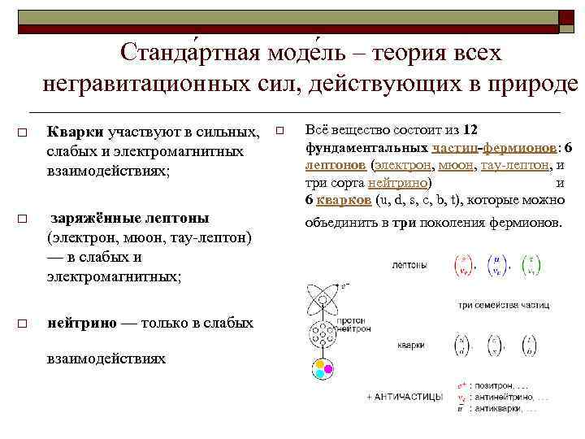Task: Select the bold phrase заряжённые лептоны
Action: click(x=130, y=218)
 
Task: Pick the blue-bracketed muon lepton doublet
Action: click(x=496, y=267)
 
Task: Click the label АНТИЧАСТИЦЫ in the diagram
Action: click(x=414, y=397)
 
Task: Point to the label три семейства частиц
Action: click(x=503, y=306)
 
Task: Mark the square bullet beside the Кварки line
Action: click(x=24, y=133)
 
